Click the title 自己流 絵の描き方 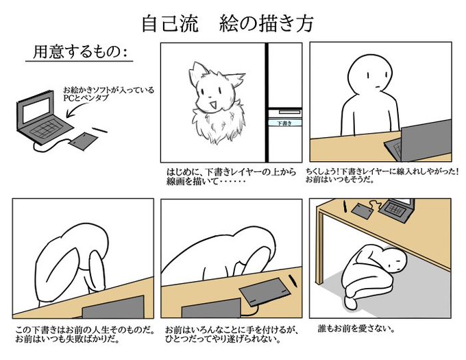click(228, 23)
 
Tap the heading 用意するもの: click(79, 51)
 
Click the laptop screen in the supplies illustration click(37, 110)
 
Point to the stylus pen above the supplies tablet click(99, 130)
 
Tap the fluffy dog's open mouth click(212, 105)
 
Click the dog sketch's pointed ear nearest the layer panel click(236, 78)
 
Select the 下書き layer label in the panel click(284, 123)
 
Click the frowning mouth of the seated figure click(377, 87)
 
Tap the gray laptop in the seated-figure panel click(419, 141)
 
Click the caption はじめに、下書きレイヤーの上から click(232, 172)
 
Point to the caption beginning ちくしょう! click(382, 176)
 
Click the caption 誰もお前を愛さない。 click(356, 328)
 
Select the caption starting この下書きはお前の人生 click(85, 335)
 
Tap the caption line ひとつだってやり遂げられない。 click(223, 339)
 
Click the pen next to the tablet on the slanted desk click(293, 280)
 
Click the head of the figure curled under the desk click(394, 260)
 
